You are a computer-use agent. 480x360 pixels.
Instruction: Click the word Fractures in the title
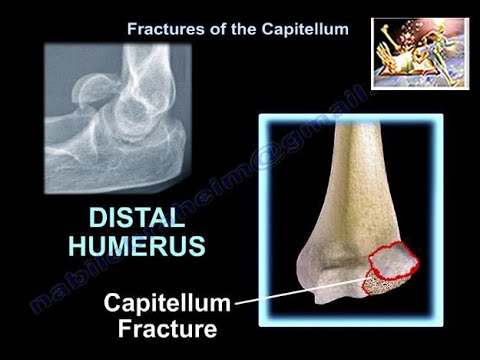pyautogui.click(x=160, y=29)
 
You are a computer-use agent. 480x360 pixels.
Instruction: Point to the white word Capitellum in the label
pyautogui.click(x=169, y=303)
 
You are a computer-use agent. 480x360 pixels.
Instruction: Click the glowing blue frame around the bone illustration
pyautogui.click(x=262, y=220)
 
